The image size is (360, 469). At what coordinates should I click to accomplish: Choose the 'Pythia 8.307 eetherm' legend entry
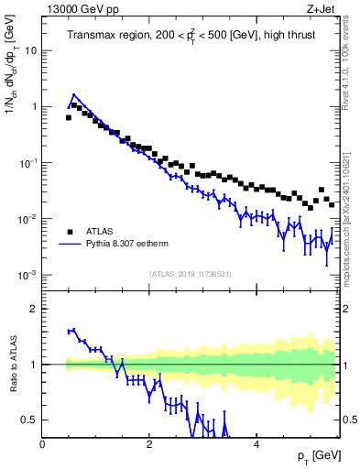134,245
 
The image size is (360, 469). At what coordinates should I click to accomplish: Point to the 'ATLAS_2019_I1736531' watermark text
191,274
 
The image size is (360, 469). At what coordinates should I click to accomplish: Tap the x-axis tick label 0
43,443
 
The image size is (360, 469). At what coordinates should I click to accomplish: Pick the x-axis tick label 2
149,443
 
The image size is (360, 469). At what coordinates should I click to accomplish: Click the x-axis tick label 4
256,443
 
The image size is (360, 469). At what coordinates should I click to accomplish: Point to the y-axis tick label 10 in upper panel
30,50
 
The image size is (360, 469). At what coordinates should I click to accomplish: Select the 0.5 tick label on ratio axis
29,420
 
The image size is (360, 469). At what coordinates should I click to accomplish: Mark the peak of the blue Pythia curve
73,94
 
